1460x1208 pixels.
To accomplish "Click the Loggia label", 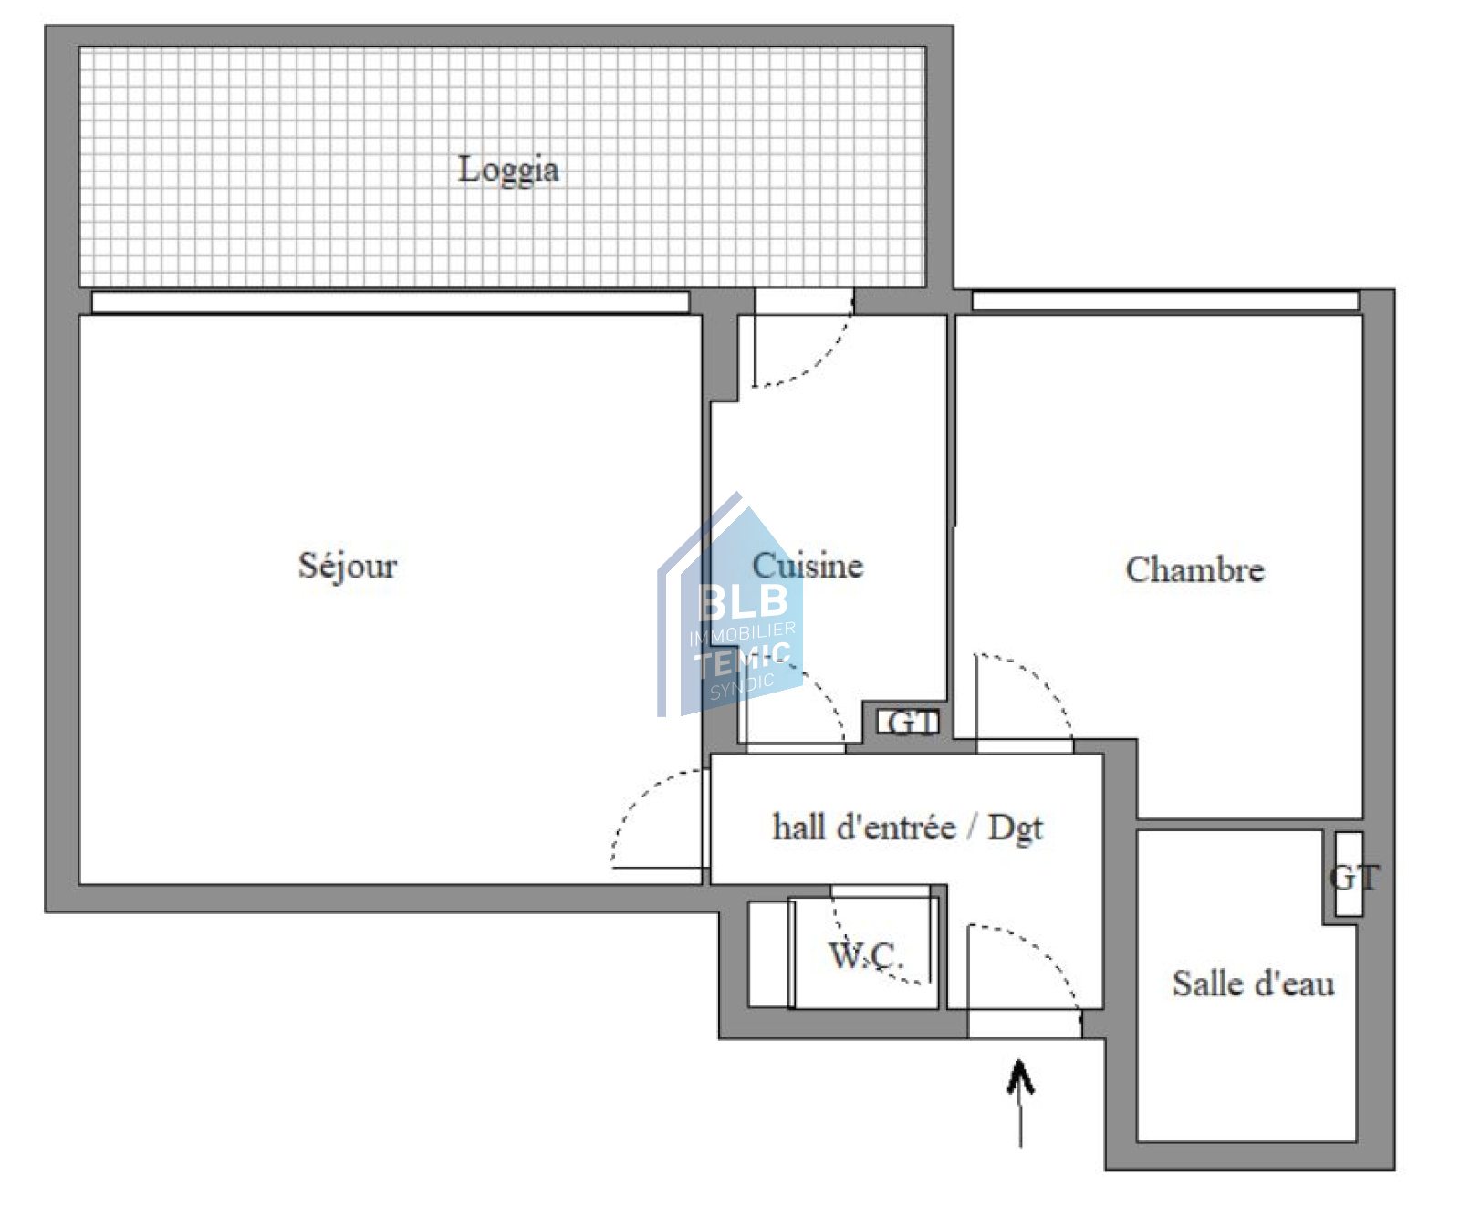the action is [x=508, y=171].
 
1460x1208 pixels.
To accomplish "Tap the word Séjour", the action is [x=348, y=567].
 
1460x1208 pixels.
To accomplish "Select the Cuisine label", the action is [x=808, y=566].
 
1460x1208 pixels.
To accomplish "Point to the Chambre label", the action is [x=1194, y=569].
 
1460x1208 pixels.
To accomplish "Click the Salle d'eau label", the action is [x=1253, y=984].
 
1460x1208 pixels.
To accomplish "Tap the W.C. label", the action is [x=865, y=955].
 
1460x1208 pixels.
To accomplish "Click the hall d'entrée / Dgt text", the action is [x=907, y=828].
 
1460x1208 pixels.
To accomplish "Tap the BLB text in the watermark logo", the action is [x=743, y=600].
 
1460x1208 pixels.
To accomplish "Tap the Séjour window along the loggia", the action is [x=391, y=302].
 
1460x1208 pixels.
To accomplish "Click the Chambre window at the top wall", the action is [x=1165, y=301].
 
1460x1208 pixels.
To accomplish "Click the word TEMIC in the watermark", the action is [x=742, y=657].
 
